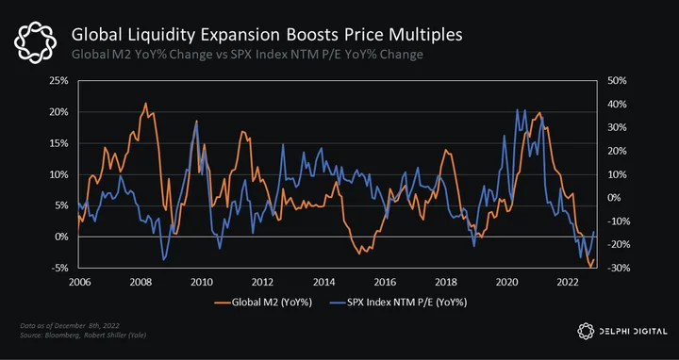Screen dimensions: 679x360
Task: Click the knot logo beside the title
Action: click(35, 42)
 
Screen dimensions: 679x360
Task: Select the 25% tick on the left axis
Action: click(60, 81)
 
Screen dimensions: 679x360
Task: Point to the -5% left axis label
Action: click(60, 269)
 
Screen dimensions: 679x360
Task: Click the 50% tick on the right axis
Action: click(611, 81)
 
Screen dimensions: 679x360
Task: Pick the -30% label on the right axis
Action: click(610, 269)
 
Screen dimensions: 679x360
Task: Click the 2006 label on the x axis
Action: click(79, 283)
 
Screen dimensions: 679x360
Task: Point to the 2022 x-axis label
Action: click(568, 283)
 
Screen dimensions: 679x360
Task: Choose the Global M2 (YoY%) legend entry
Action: click(263, 303)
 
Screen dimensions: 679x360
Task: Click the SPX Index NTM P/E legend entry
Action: click(398, 303)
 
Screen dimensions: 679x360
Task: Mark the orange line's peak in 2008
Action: click(145, 103)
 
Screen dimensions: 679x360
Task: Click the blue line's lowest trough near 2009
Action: click(164, 259)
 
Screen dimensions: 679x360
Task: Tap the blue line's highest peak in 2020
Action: click(518, 109)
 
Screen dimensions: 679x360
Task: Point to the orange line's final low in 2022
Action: click(591, 267)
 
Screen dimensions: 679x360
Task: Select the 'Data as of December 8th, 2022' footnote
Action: click(70, 325)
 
